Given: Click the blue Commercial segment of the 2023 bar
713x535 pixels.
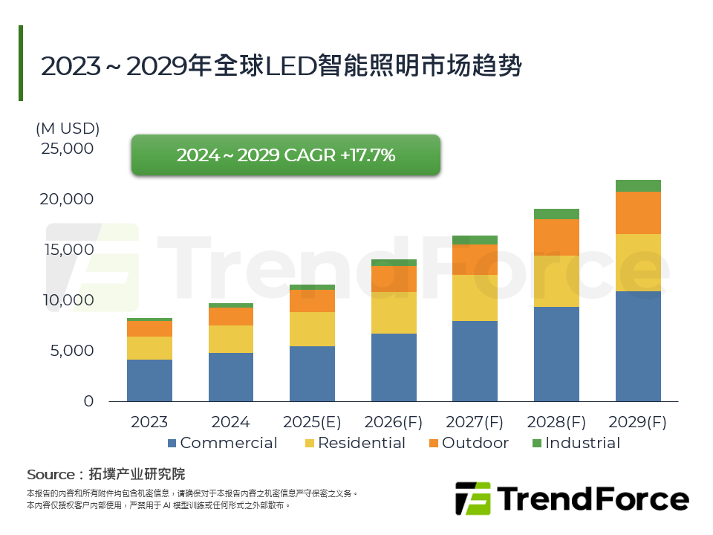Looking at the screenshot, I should (149, 380).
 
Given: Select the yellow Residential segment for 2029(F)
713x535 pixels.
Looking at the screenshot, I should (638, 262).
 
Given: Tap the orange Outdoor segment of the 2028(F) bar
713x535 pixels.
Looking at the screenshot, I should (556, 237).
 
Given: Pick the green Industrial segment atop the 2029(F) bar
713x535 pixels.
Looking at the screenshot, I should (638, 186).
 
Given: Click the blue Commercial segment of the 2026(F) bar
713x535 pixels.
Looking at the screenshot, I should (394, 367).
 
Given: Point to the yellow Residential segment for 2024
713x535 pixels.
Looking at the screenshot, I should (231, 339).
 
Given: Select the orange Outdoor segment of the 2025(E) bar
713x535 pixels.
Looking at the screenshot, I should (312, 300).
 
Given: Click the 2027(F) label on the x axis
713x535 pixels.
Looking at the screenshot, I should (475, 422).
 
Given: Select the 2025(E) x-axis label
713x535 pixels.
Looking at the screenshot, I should (312, 422).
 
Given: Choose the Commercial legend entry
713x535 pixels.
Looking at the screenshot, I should (221, 443).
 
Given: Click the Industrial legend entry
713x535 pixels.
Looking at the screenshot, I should (575, 443).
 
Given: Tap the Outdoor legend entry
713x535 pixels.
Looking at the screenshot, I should (467, 443).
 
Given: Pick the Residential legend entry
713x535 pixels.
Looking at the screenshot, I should (354, 443).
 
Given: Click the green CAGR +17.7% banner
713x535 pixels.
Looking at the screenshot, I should (286, 155).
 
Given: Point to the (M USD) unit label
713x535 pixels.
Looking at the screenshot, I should (68, 128).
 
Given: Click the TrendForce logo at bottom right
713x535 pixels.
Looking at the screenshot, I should (572, 499).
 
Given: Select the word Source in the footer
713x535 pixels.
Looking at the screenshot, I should (51, 474).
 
